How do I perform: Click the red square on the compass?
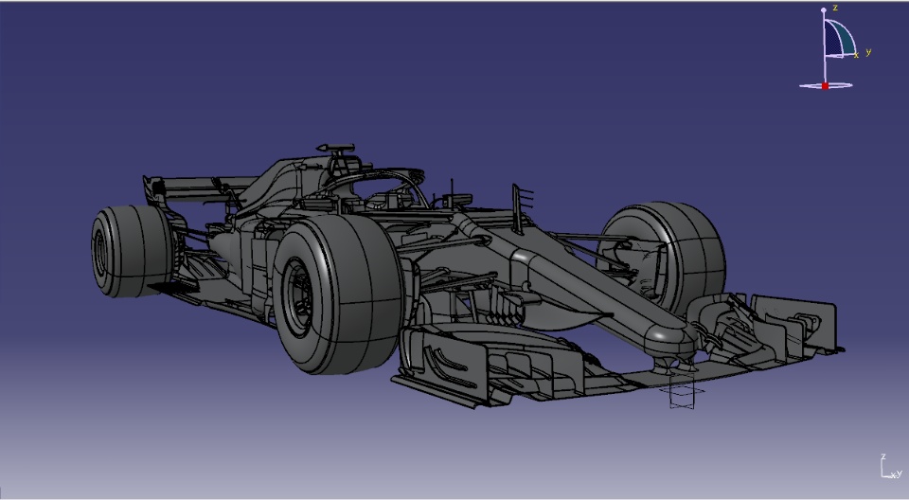pos(825,86)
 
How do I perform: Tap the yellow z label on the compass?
pos(835,8)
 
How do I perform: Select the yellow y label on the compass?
pos(868,52)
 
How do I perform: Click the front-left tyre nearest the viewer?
pos(338,295)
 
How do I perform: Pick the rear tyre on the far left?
pos(132,251)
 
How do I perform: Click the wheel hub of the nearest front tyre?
pos(300,297)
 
